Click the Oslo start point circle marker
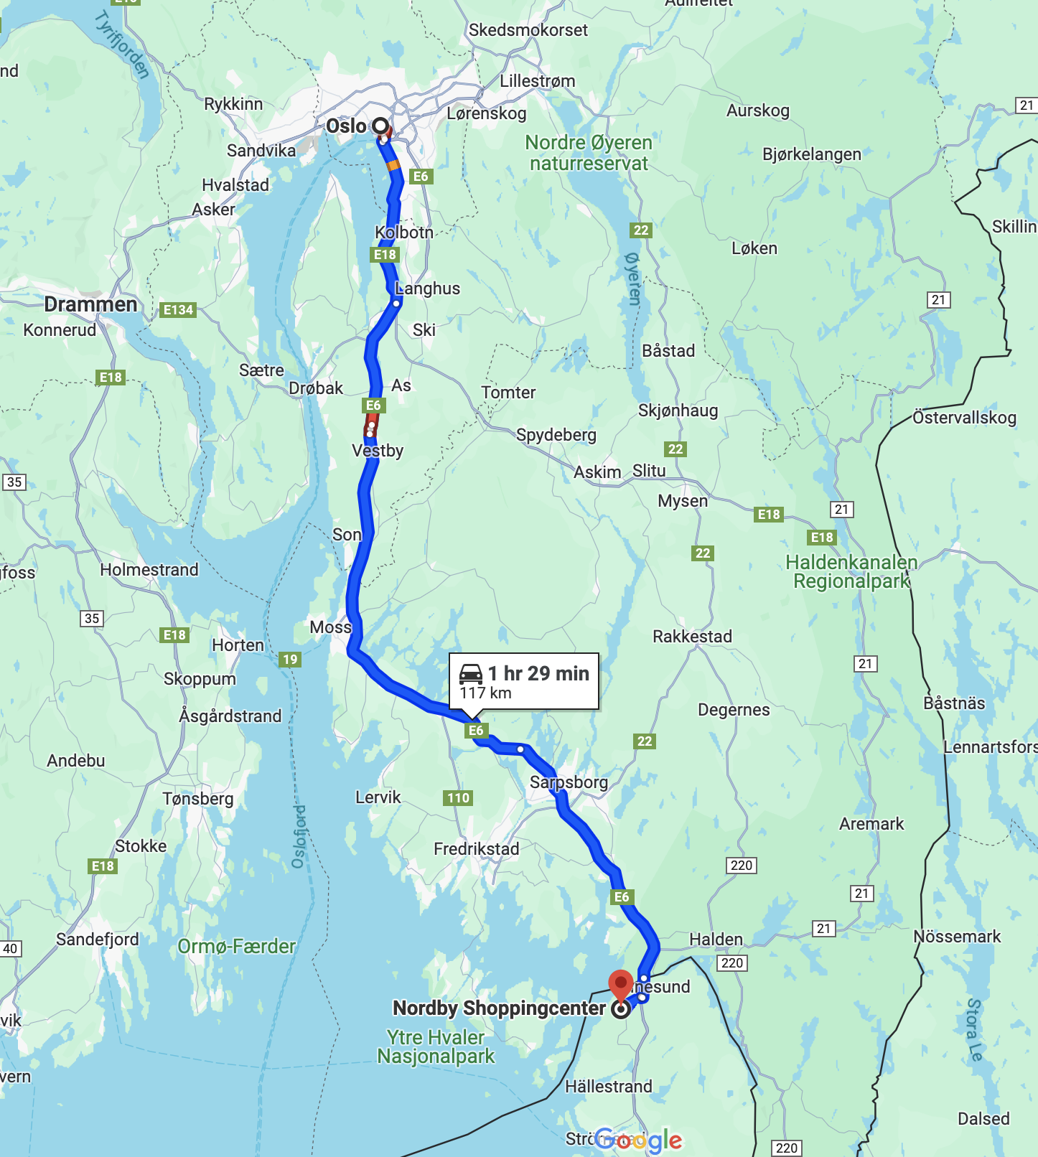pos(380,126)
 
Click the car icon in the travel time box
pos(471,673)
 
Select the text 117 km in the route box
pos(485,693)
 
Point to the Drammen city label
pos(90,304)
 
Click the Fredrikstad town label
pos(476,849)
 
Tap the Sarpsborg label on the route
pos(569,782)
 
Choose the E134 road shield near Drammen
pos(178,310)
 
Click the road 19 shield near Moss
pos(290,660)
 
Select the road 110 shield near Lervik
pos(458,798)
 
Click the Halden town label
pos(716,940)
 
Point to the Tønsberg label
pos(197,799)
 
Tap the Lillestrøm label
pos(537,81)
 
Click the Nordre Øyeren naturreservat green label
pos(589,153)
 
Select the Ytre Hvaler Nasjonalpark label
pos(436,1047)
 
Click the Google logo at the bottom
pos(638,1140)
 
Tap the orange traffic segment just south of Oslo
pos(393,166)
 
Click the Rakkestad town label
pos(692,637)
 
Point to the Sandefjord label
pos(98,940)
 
